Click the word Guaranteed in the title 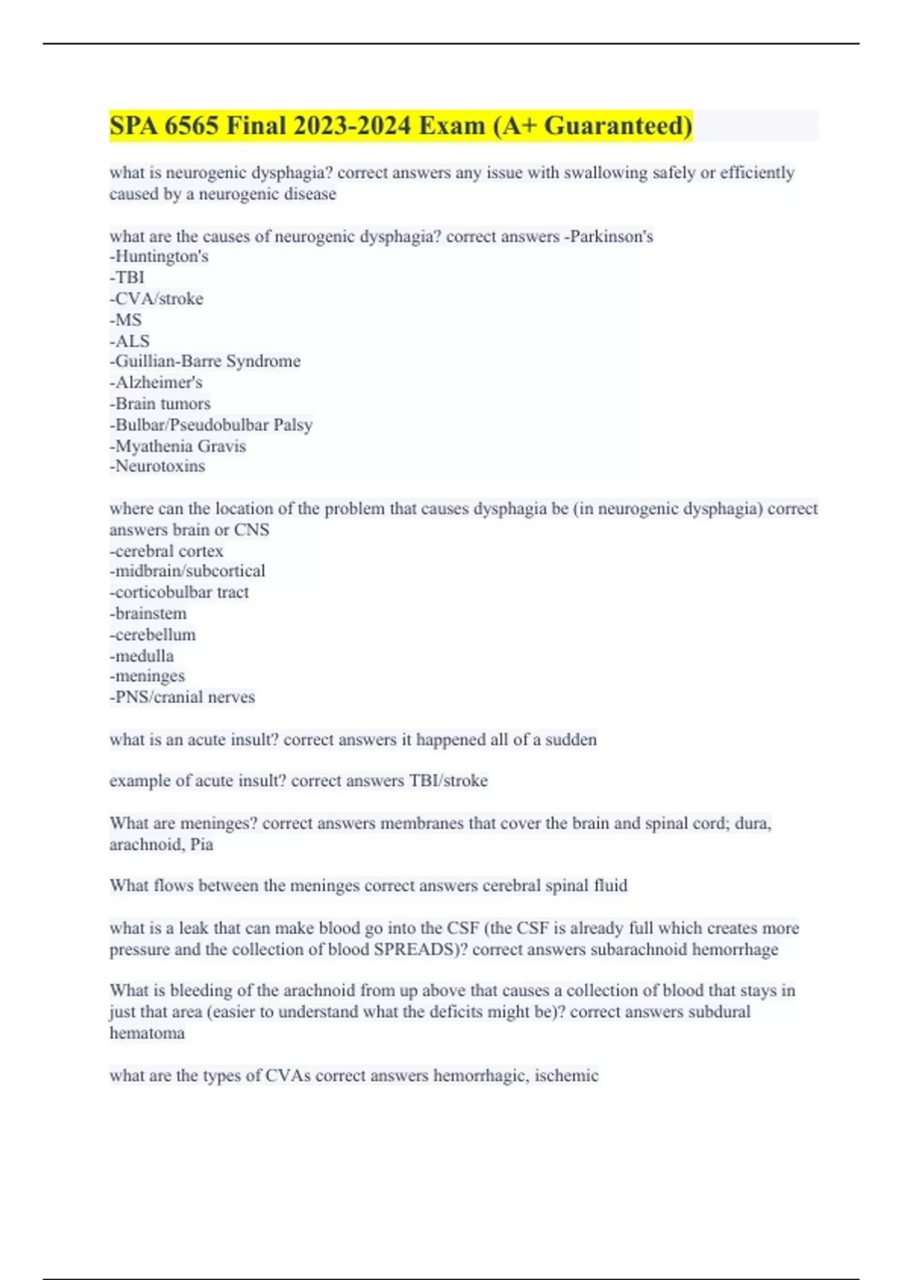click(x=617, y=126)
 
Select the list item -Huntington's click(x=159, y=257)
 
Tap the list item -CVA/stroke click(x=157, y=299)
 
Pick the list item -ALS click(x=129, y=341)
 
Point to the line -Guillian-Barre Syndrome click(x=205, y=361)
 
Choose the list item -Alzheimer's click(x=156, y=382)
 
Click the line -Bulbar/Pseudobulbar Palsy click(x=211, y=425)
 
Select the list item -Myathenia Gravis click(x=178, y=446)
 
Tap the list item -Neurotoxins click(x=157, y=466)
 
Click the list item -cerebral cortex click(x=166, y=551)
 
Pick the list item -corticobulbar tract click(x=179, y=593)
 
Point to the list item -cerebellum click(x=153, y=635)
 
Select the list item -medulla click(x=141, y=656)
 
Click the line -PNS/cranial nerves click(x=182, y=697)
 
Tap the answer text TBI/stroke click(x=448, y=781)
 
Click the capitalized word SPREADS click(x=414, y=949)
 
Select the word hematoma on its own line click(x=147, y=1033)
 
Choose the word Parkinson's click(x=611, y=236)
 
